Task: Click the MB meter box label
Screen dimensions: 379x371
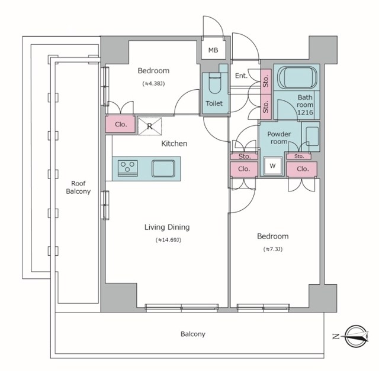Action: point(213,50)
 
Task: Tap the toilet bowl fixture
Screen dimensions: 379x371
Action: point(214,83)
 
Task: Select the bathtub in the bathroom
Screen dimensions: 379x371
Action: point(297,78)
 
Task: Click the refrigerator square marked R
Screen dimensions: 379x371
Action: point(150,126)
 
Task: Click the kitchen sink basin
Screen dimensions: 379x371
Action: point(163,168)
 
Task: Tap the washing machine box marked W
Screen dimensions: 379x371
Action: point(272,166)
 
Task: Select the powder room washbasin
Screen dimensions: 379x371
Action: point(312,136)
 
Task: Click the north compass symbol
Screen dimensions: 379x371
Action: point(356,336)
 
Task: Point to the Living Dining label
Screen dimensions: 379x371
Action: point(167,227)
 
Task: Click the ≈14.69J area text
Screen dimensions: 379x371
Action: point(168,240)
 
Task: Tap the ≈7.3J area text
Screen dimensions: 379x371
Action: point(273,249)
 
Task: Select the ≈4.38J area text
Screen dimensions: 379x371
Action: point(153,84)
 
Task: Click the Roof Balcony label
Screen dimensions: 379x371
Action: point(78,187)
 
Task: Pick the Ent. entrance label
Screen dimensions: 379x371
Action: point(242,76)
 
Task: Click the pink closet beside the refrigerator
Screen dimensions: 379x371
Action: point(120,124)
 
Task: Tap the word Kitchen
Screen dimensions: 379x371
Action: point(174,144)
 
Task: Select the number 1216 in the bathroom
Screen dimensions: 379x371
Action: point(305,112)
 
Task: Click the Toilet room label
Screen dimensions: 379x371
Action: point(214,103)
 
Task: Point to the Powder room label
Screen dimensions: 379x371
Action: point(279,138)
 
